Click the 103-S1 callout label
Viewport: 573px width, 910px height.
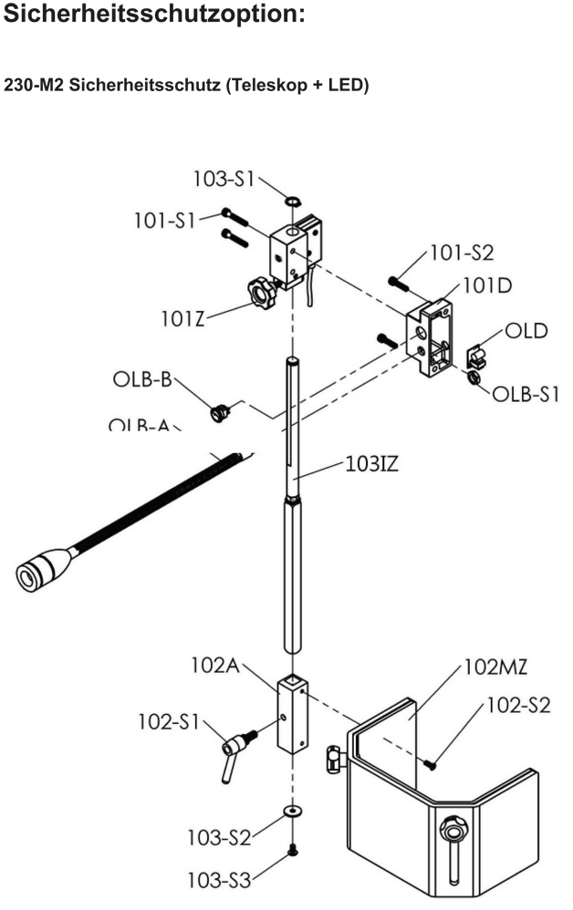pyautogui.click(x=223, y=179)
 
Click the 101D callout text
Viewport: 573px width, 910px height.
pyautogui.click(x=488, y=285)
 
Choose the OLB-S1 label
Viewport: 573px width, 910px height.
pyautogui.click(x=526, y=394)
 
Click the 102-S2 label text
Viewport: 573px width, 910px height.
pyautogui.click(x=517, y=706)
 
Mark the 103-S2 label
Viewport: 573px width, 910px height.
pyautogui.click(x=219, y=837)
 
